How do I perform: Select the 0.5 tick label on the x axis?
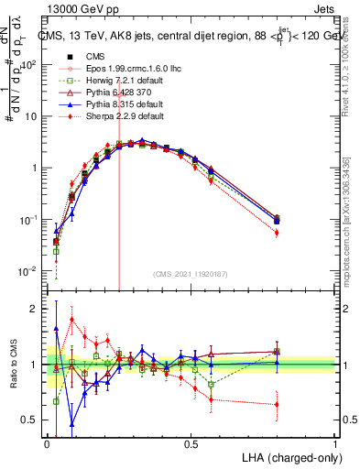click(191, 442)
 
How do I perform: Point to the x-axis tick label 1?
click(334, 442)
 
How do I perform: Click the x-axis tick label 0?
click(47, 442)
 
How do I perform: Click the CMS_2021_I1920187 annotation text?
click(191, 273)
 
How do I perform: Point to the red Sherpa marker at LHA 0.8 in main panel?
click(277, 233)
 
